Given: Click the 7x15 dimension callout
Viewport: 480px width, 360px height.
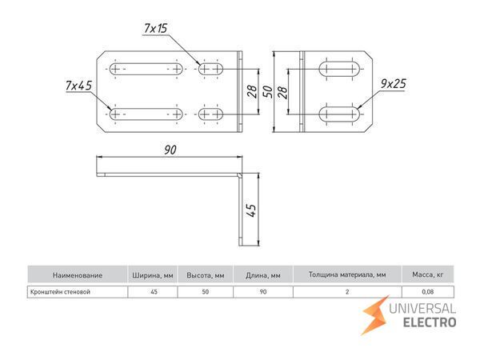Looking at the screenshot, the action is click(x=156, y=30).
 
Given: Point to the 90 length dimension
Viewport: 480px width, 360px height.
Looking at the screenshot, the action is click(x=169, y=149).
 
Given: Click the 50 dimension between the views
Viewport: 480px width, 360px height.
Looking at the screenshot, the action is click(x=269, y=90).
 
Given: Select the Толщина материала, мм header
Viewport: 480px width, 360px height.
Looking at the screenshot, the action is click(x=347, y=274).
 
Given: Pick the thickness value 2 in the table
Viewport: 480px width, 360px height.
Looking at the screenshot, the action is click(x=347, y=292).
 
